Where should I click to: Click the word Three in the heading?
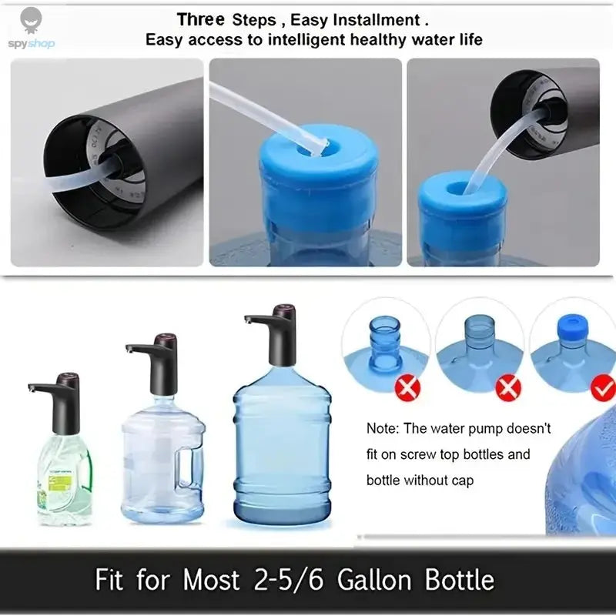click(201, 19)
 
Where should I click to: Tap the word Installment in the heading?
click(377, 19)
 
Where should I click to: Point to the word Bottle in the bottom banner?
click(454, 579)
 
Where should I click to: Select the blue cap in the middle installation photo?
click(319, 166)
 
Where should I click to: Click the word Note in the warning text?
click(381, 428)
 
